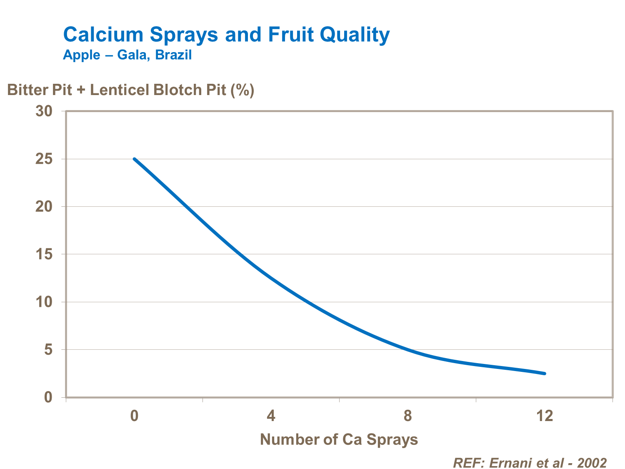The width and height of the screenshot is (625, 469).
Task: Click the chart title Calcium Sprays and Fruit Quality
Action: click(226, 35)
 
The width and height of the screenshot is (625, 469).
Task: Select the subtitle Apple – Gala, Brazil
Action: click(127, 55)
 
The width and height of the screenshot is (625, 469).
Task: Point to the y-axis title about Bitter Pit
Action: click(131, 90)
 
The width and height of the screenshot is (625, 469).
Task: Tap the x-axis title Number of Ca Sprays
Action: click(339, 439)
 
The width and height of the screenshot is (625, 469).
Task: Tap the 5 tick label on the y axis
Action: click(48, 350)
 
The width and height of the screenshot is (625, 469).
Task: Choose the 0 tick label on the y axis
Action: click(48, 397)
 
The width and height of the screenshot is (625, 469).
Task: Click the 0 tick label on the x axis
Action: click(134, 416)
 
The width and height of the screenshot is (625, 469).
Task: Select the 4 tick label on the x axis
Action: click(271, 416)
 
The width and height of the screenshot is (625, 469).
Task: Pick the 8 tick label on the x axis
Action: click(407, 416)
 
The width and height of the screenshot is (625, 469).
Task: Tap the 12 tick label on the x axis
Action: click(544, 416)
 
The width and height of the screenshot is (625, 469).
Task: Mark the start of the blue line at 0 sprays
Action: click(134, 159)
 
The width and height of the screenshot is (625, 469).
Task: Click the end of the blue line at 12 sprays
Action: click(544, 374)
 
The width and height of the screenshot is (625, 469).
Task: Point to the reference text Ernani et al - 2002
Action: click(530, 463)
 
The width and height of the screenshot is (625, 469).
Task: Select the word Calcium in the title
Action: click(103, 35)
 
